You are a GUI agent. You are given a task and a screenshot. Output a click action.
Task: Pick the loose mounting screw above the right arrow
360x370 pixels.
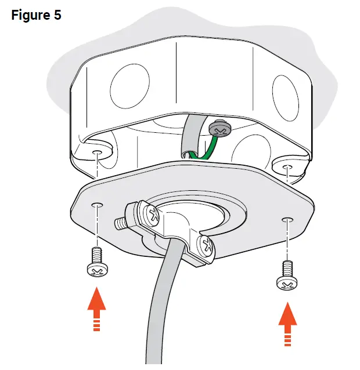pos(285,277)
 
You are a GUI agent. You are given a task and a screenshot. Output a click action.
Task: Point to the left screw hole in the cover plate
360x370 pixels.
pos(96,205)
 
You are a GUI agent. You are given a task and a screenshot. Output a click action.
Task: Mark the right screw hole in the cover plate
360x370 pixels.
pos(286,219)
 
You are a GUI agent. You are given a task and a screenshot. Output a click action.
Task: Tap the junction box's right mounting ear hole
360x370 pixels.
pos(287,168)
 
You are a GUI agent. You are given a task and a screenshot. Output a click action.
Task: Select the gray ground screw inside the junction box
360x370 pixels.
pos(220,125)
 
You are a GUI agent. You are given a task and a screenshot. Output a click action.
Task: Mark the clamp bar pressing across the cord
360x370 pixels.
pos(174,238)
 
